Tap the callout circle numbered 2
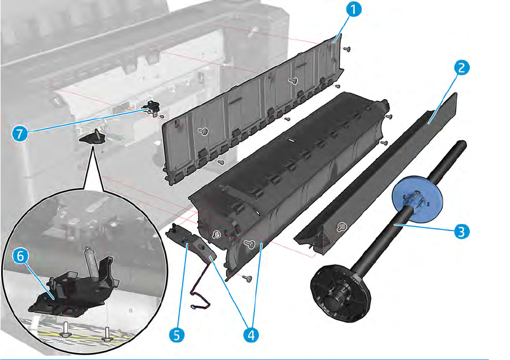[461, 68]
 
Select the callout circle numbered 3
[461, 232]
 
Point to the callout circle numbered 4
[250, 335]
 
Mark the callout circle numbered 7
[20, 133]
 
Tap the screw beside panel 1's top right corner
[347, 49]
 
